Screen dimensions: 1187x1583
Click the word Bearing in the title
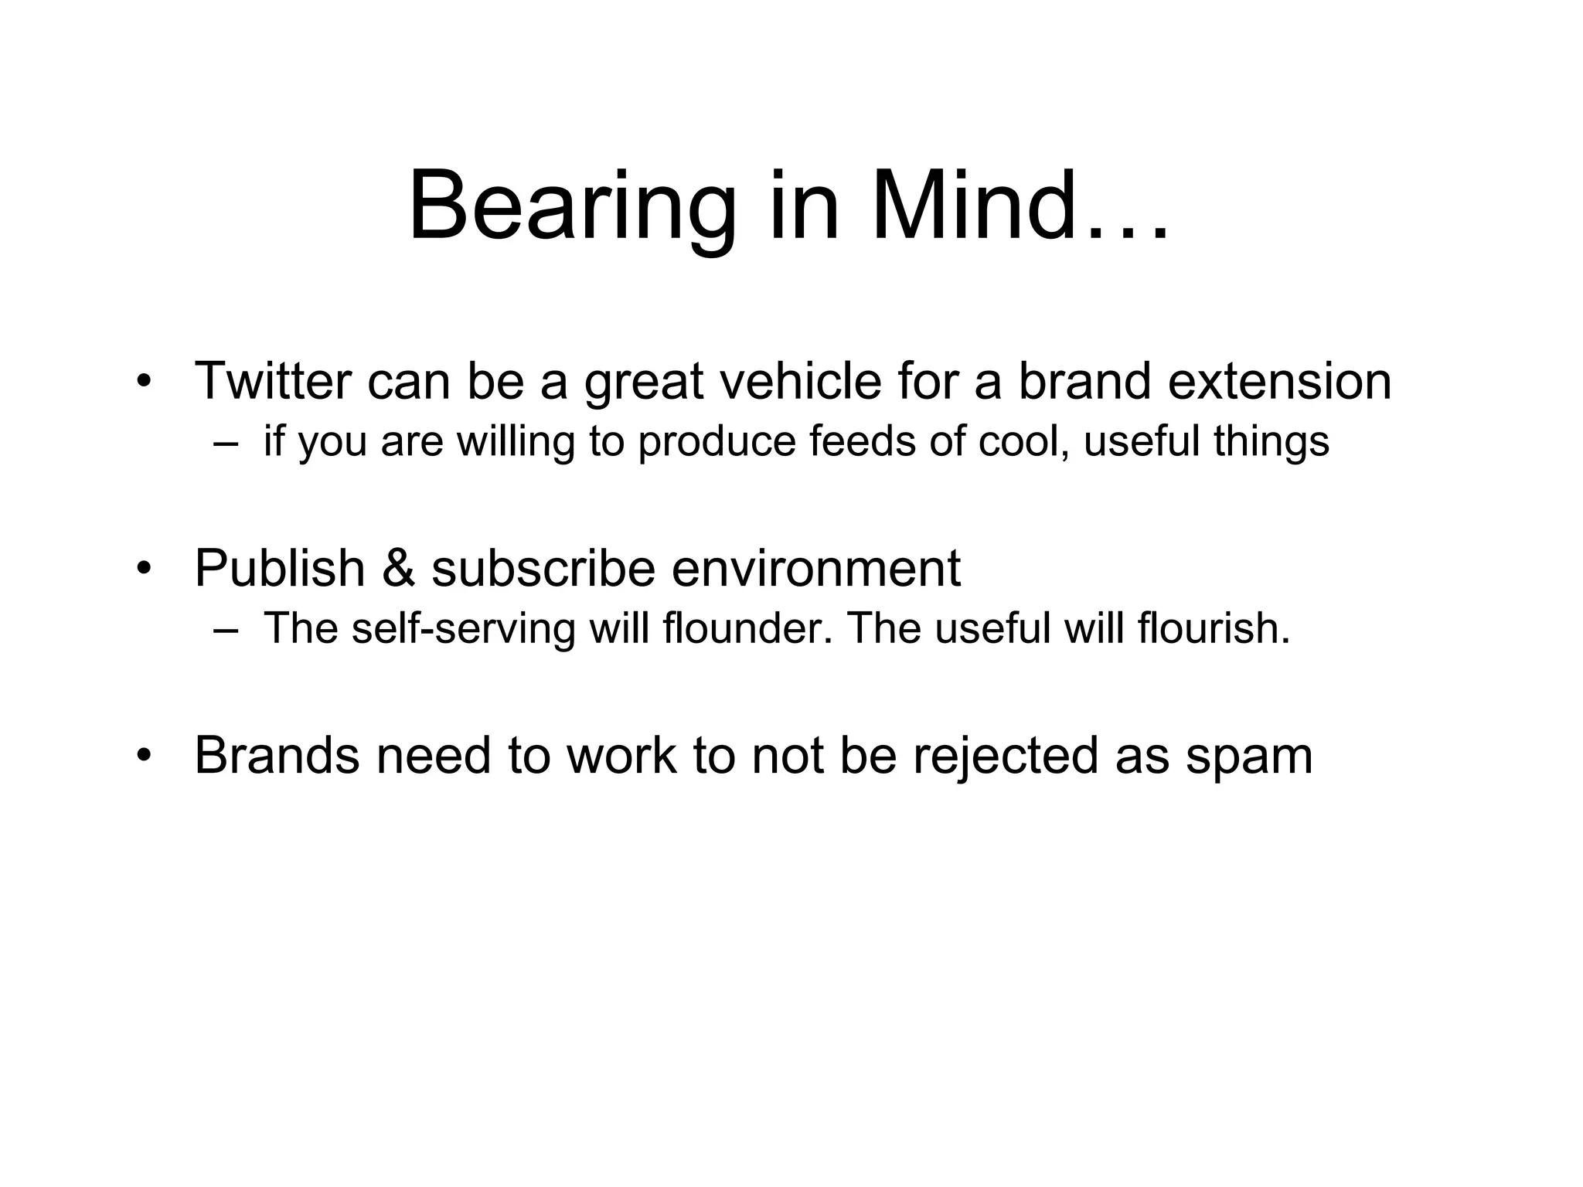click(x=572, y=209)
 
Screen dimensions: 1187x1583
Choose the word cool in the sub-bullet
click(x=1023, y=441)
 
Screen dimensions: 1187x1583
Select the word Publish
click(x=279, y=568)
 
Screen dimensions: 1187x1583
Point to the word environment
click(x=815, y=568)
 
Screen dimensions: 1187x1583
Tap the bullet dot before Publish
click(x=142, y=569)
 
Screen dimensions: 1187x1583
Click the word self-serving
click(x=463, y=628)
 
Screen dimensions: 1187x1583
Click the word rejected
click(x=1005, y=756)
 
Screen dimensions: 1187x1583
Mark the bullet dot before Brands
click(x=142, y=756)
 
